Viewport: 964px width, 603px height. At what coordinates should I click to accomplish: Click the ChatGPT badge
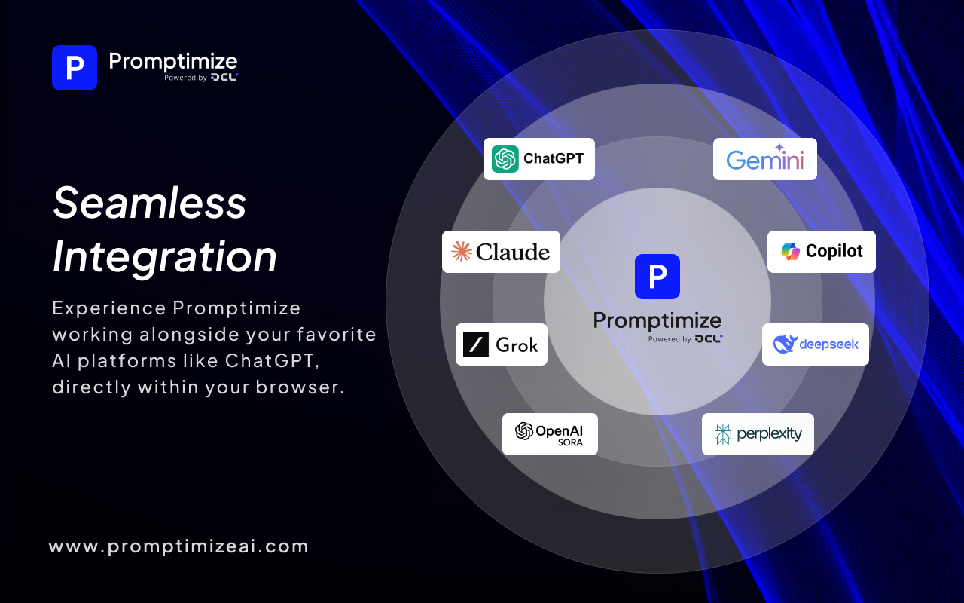point(538,159)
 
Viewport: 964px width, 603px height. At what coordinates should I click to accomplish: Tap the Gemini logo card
point(764,159)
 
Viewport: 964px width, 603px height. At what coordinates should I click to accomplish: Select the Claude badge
point(501,252)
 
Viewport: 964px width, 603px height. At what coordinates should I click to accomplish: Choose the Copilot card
point(821,252)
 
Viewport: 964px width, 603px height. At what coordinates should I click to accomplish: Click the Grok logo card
point(501,344)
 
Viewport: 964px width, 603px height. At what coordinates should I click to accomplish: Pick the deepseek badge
point(815,344)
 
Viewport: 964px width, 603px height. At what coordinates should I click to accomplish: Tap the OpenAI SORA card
point(550,434)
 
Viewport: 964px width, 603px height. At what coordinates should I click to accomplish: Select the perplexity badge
point(758,434)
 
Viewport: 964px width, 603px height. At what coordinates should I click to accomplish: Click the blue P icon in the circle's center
point(657,277)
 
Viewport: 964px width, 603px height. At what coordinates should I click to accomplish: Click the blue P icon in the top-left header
point(75,68)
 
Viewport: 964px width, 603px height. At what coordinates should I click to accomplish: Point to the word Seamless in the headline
point(150,203)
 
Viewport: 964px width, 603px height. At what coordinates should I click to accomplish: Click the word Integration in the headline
point(165,256)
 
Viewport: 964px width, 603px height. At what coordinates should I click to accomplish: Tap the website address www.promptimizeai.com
point(178,546)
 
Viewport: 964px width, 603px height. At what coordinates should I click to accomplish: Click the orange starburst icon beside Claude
point(462,252)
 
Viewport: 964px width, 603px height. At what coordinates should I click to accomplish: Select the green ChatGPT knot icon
point(505,159)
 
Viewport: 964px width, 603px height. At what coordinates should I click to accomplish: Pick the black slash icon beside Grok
point(476,344)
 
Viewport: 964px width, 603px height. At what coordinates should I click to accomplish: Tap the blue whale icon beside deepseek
point(786,344)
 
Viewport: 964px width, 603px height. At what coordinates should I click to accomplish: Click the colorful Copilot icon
point(791,252)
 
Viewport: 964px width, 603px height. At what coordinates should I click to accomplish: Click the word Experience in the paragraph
point(109,308)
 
